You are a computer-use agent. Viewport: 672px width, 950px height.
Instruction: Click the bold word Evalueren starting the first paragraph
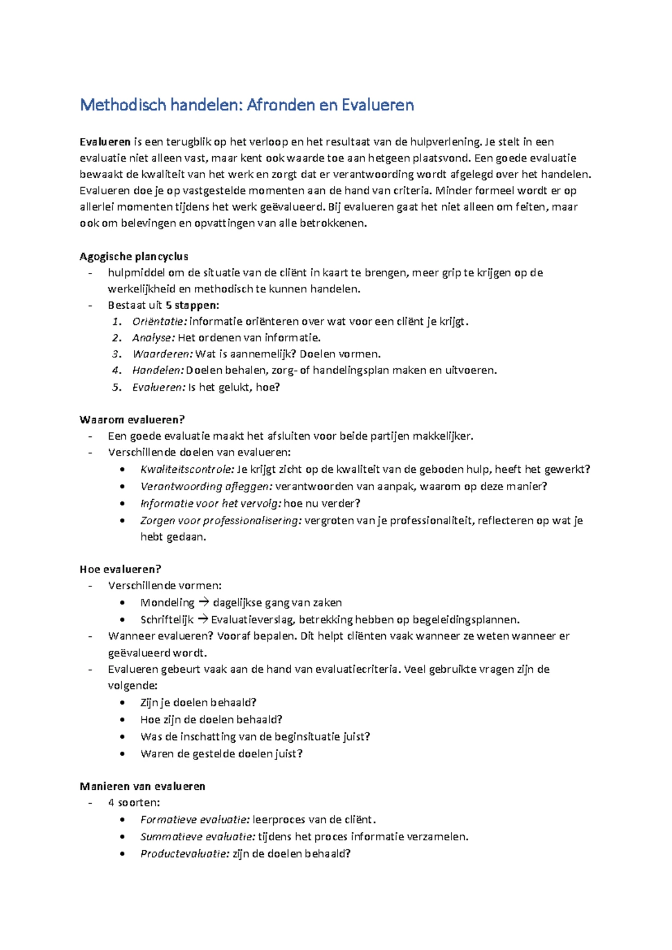(105, 142)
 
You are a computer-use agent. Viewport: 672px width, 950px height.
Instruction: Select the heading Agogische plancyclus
(134, 257)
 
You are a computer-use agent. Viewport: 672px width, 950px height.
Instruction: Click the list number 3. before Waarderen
(116, 354)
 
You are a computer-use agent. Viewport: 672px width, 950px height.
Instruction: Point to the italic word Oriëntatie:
(160, 322)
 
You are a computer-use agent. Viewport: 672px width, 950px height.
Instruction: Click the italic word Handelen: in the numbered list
(158, 370)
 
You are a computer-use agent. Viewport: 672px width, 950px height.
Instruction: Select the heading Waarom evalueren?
(132, 420)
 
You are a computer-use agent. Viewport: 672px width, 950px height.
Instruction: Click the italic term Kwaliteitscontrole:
(187, 469)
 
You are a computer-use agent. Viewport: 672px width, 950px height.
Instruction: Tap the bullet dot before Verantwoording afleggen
(123, 487)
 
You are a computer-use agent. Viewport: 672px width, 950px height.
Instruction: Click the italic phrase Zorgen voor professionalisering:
(221, 520)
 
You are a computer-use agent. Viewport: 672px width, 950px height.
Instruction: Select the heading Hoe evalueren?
(120, 569)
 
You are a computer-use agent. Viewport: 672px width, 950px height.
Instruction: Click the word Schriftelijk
(167, 620)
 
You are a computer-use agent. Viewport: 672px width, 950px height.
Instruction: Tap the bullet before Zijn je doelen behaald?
(123, 703)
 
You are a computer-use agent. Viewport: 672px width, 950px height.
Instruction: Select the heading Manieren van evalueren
(142, 786)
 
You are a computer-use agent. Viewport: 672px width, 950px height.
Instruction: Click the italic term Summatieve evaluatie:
(197, 837)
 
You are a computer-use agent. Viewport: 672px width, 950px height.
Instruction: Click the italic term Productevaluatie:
(184, 854)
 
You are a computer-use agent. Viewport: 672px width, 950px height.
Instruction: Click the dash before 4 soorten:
(90, 803)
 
